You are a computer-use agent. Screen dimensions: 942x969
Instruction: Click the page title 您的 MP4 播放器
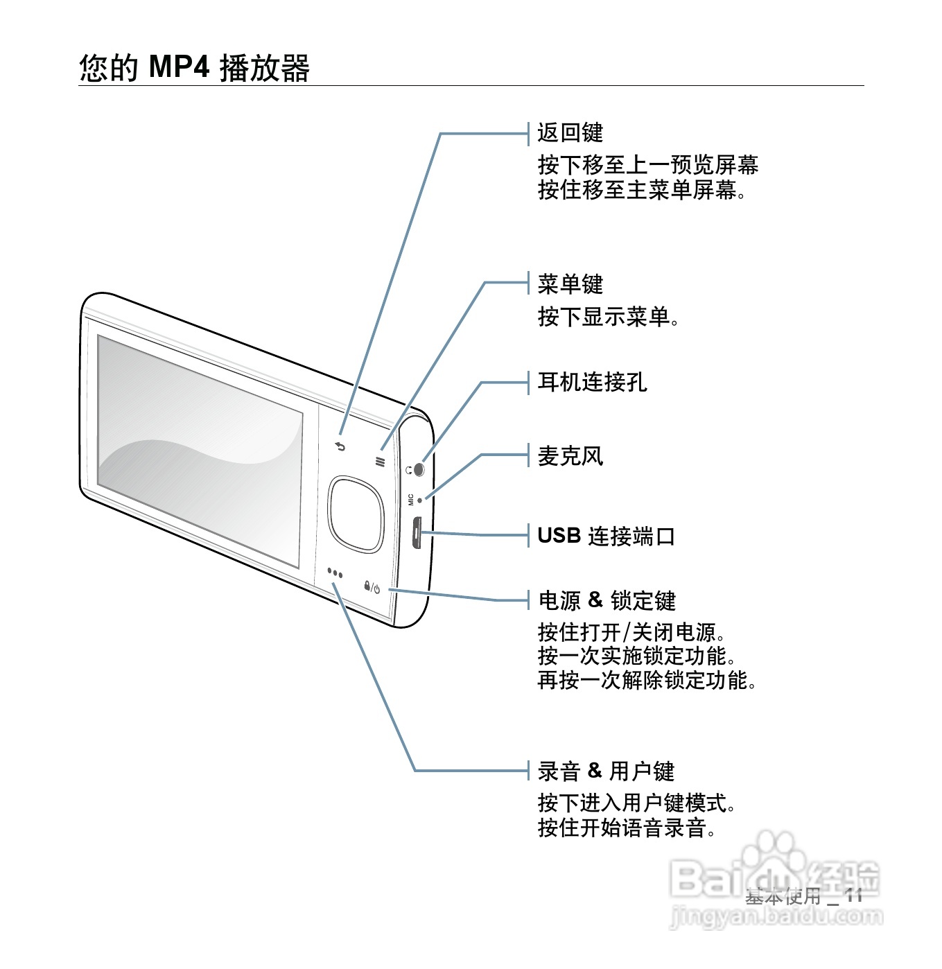coord(194,68)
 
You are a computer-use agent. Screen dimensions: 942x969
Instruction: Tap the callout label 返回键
coord(570,132)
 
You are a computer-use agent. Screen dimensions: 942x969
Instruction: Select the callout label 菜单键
coord(570,284)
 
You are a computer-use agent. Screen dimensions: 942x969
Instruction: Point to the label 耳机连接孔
coord(592,382)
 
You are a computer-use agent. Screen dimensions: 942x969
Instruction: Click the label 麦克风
coord(570,456)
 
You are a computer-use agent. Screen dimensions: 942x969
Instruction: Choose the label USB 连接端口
coord(606,536)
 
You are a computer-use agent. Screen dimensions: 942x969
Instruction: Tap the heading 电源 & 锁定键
coord(607,600)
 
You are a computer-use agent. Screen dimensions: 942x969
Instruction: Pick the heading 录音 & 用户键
coord(606,771)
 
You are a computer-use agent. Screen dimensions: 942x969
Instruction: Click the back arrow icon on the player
coord(340,446)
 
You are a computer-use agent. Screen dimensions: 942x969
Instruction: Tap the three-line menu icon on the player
coord(380,461)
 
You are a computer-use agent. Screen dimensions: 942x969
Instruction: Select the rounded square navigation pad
coord(356,514)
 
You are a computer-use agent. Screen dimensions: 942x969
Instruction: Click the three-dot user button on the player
coord(335,573)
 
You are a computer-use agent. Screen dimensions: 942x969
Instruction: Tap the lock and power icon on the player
coord(372,588)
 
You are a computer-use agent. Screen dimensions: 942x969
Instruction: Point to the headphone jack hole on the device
coord(418,469)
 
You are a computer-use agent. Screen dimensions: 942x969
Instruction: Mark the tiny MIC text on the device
coord(411,499)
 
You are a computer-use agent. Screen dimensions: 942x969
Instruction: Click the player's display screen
coord(200,451)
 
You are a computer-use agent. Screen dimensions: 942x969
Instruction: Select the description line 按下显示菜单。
coord(608,317)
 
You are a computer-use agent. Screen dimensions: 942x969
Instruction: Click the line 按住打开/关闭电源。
coord(632,632)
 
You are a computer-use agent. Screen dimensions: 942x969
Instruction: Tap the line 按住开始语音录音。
coord(627,828)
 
